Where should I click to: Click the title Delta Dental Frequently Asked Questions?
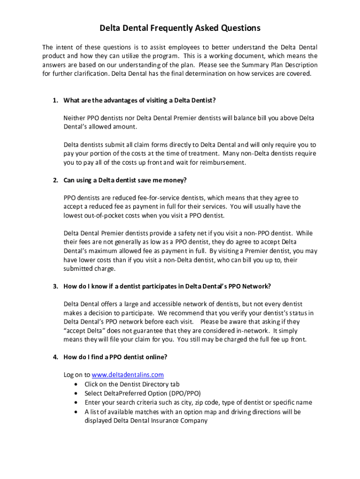(180, 29)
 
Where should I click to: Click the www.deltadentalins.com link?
(128, 375)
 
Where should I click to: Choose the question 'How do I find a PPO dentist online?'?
(115, 357)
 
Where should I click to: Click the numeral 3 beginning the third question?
(55, 286)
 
